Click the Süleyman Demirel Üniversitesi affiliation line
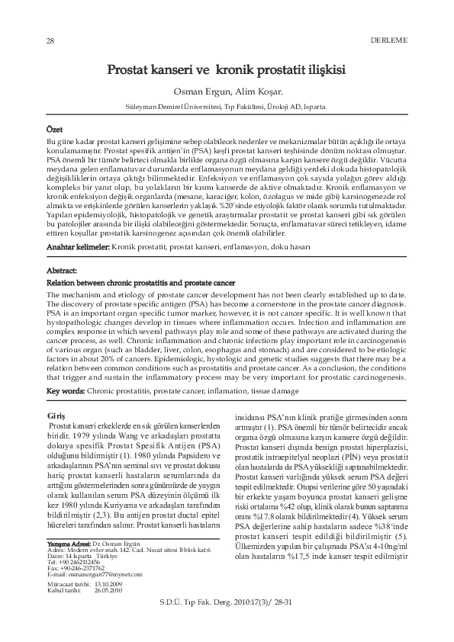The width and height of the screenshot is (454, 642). (x=226, y=108)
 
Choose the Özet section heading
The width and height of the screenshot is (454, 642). (x=55, y=130)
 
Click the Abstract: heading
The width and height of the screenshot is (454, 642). (x=62, y=271)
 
